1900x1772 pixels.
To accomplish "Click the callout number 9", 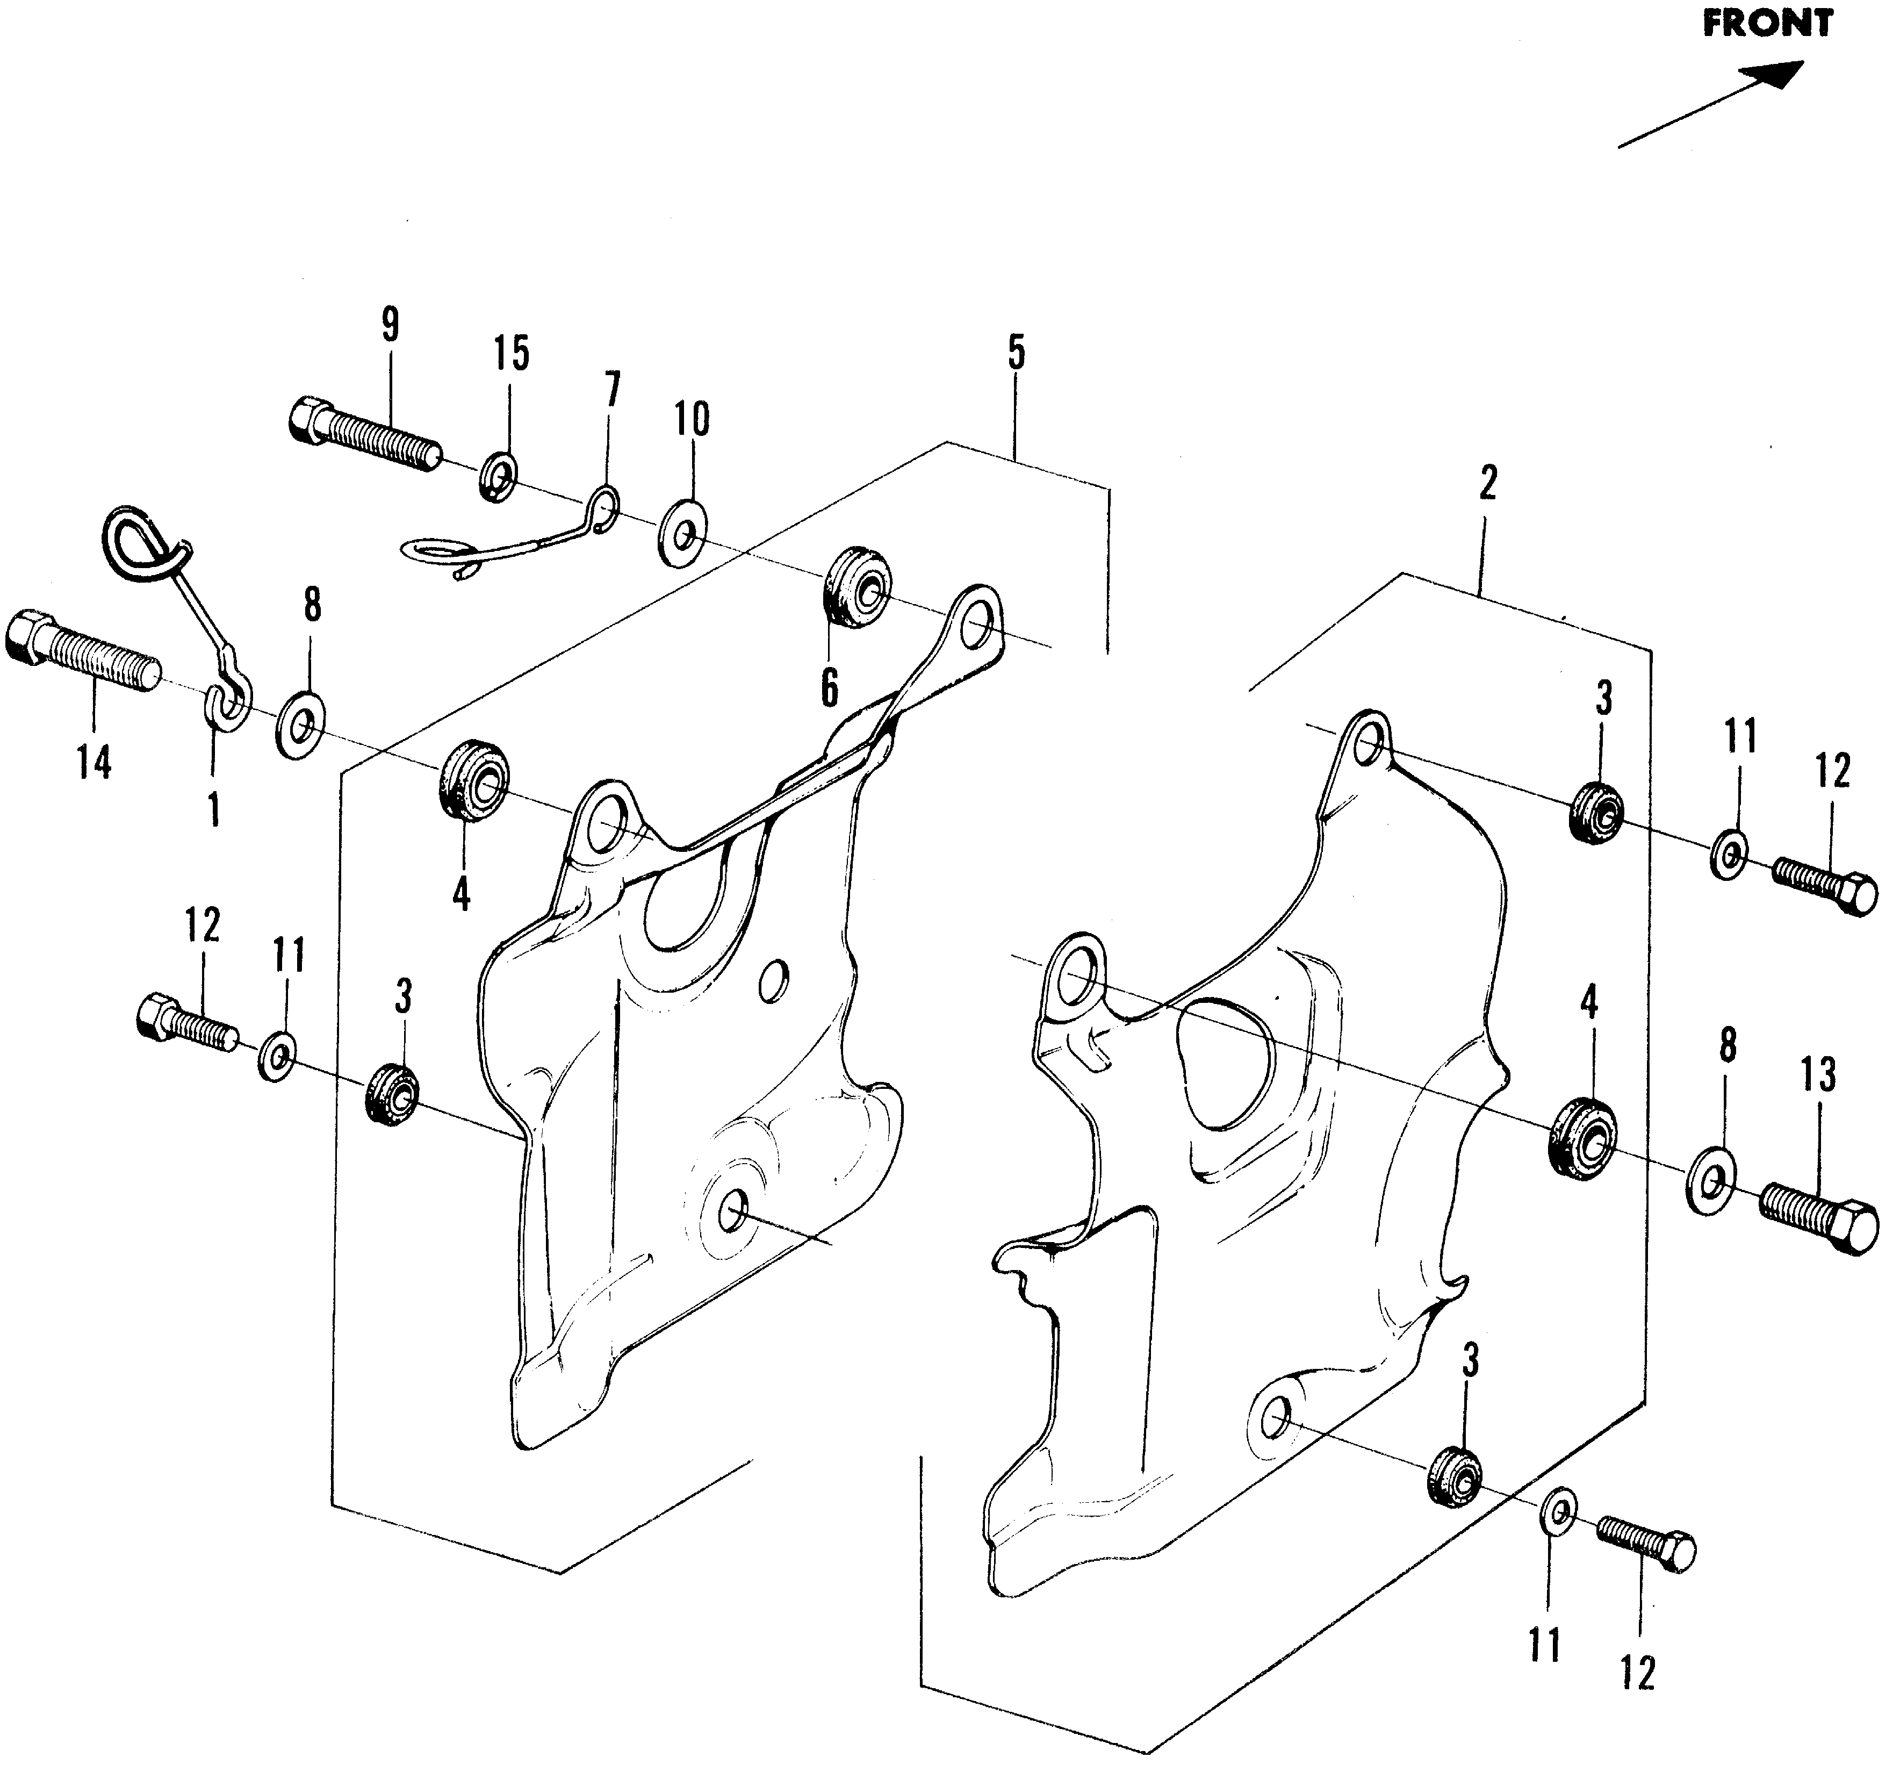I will pyautogui.click(x=390, y=325).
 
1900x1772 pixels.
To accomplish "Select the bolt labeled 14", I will pyautogui.click(x=81, y=653).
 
